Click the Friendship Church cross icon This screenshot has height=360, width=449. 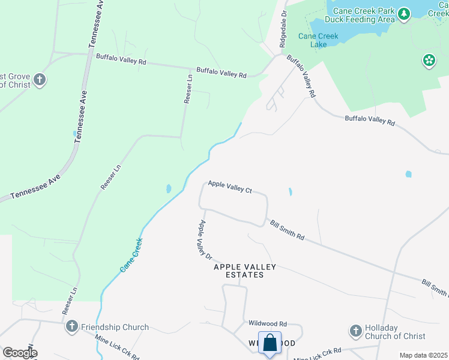[72, 327]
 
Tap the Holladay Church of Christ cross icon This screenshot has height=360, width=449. [355, 331]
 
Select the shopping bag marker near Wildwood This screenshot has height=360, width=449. [270, 343]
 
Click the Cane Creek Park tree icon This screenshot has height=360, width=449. [404, 13]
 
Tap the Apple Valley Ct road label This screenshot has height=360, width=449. [230, 187]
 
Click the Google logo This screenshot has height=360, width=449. [19, 353]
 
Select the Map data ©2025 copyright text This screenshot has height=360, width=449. [423, 355]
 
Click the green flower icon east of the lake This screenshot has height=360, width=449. [429, 59]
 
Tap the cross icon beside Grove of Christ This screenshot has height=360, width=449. [40, 80]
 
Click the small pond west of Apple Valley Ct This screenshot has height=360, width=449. [168, 188]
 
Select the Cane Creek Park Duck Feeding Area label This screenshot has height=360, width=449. [364, 15]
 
